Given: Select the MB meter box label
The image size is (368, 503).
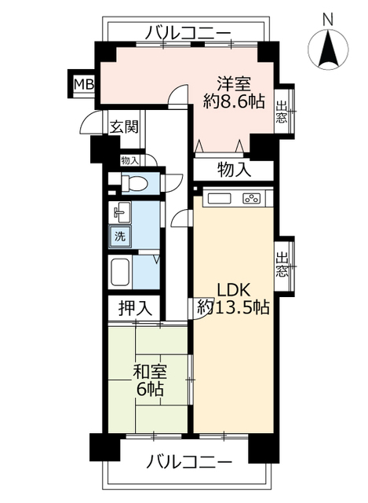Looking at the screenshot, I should (x=82, y=84).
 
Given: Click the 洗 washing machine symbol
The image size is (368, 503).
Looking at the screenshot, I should (x=120, y=235).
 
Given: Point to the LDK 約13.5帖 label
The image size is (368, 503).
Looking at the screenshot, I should (x=233, y=298).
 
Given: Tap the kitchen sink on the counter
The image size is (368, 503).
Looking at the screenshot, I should (x=217, y=197).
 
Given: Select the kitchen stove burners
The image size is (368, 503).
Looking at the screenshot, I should (x=252, y=197).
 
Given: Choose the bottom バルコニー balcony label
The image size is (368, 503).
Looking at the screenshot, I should (x=188, y=461).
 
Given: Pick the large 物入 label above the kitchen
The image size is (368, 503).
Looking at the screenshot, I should (x=234, y=169).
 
